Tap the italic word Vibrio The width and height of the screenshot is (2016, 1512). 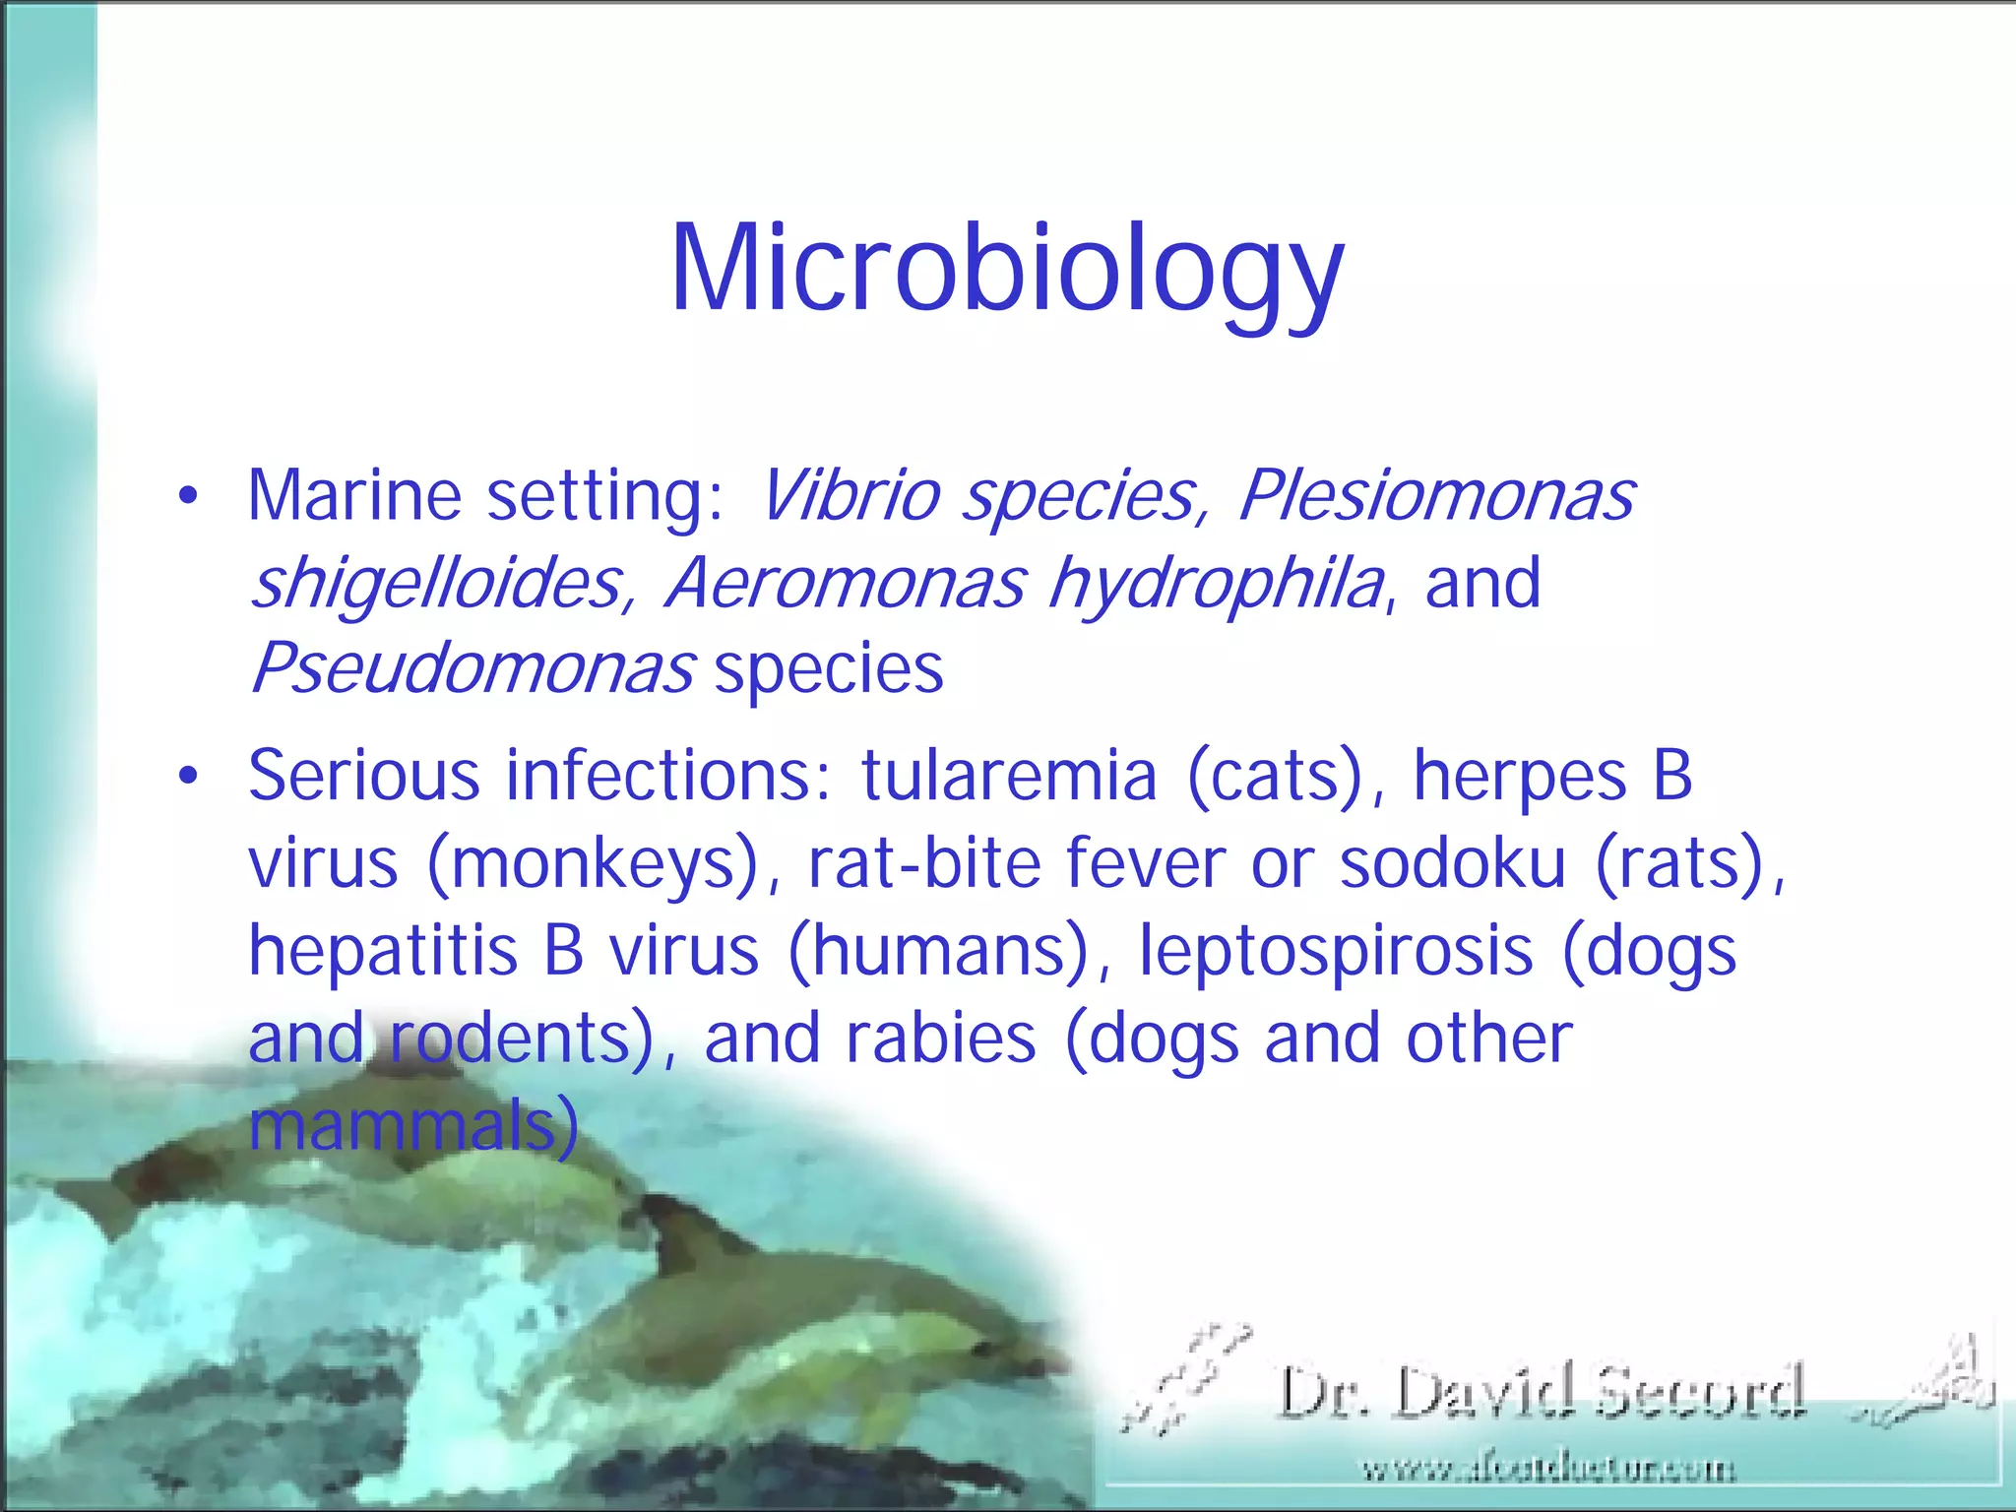pos(849,495)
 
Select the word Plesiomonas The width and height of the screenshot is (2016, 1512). pos(1435,495)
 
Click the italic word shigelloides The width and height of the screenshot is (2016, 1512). pos(436,583)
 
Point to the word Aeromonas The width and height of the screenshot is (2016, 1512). pos(845,583)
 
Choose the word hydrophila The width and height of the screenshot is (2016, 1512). pos(1216,583)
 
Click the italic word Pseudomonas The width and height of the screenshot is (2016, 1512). pos(472,668)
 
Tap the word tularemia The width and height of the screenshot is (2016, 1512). pos(1009,777)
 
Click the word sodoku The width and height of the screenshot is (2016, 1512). pos(1452,863)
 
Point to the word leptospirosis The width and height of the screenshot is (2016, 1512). pos(1336,951)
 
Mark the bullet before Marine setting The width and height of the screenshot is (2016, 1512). pos(188,496)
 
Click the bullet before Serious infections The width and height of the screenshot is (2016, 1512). pos(188,777)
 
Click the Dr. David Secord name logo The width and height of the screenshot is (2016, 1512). pos(1542,1391)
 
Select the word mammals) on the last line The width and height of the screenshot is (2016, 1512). pos(413,1126)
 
